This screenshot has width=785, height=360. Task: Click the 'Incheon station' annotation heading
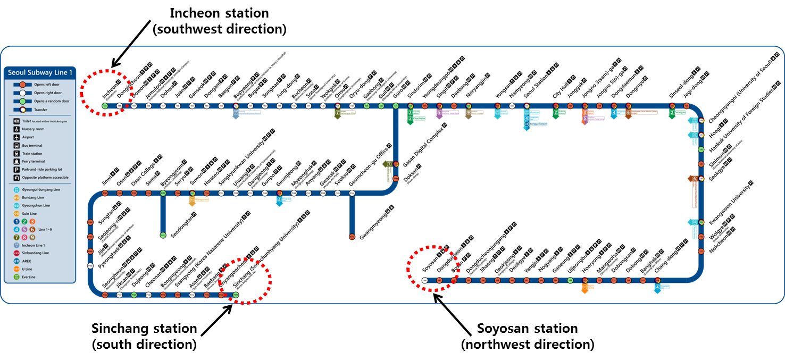tap(219, 13)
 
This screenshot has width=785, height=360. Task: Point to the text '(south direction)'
tap(144, 344)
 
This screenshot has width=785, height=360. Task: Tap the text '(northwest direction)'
tap(527, 344)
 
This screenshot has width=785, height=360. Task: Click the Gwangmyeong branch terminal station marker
tap(352, 236)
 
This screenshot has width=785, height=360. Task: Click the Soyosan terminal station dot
tap(424, 280)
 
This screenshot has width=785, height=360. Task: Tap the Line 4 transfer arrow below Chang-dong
tap(658, 288)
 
